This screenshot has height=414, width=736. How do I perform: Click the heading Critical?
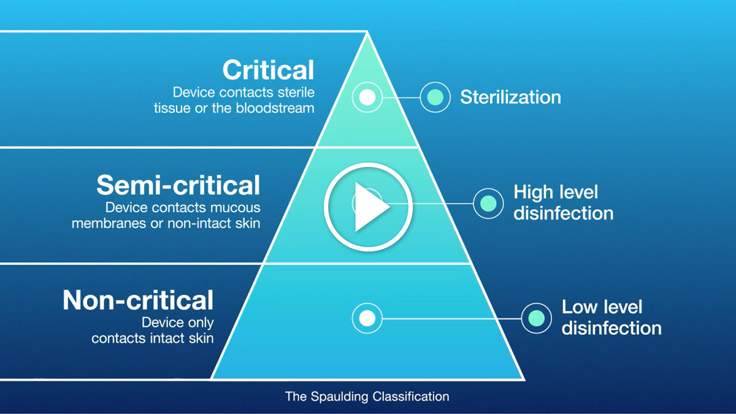point(269,70)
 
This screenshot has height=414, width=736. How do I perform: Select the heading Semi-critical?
point(178,185)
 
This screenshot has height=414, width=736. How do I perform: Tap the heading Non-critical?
point(138,301)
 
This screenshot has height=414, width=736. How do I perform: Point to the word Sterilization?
point(510,97)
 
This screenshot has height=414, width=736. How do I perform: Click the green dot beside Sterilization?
point(435,97)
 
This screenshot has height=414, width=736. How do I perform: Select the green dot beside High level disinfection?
point(488,203)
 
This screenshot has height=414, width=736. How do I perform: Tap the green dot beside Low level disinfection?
point(536,318)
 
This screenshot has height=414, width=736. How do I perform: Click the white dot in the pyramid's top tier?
point(367,97)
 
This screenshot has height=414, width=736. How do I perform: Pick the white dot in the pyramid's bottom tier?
point(367,318)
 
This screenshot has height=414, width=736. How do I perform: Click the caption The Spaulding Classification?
point(367,396)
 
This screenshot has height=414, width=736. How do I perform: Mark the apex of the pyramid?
point(367,33)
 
